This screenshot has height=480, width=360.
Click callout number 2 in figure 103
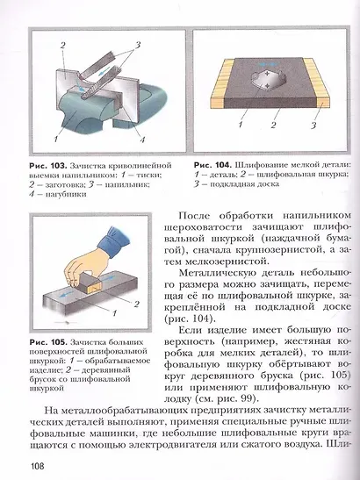tap(62, 44)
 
